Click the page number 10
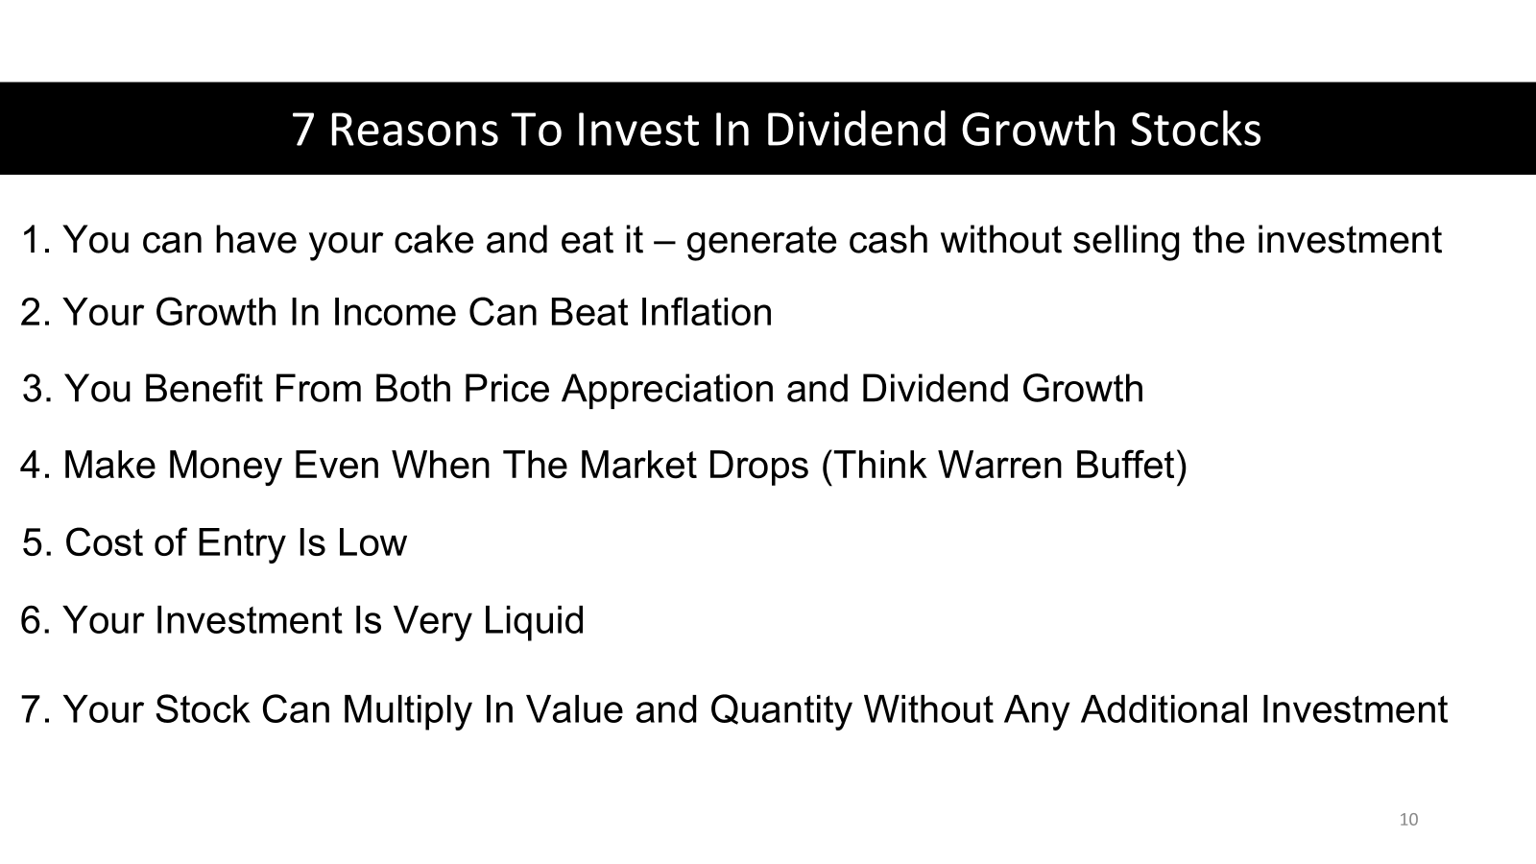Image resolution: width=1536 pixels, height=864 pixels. tap(1408, 820)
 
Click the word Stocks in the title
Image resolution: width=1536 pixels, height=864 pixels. tap(1195, 129)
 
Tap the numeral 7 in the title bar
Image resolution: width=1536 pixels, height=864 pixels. tap(302, 130)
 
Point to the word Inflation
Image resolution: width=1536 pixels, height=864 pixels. tap(706, 312)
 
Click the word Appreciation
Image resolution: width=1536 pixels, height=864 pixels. tap(668, 390)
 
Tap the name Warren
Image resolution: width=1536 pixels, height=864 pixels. tap(999, 465)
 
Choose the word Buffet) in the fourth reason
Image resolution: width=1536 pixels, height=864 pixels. tap(1131, 466)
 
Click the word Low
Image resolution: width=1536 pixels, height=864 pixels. tap(372, 542)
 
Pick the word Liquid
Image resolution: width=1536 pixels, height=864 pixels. tap(534, 620)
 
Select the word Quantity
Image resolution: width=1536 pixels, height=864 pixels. tap(780, 709)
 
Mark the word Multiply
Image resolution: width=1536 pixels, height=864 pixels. tap(407, 709)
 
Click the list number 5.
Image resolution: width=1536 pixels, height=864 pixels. tap(37, 542)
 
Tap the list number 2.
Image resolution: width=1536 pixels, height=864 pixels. tap(36, 312)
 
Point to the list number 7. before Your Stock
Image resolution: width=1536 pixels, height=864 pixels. tap(36, 709)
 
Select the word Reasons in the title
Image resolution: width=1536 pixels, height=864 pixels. tap(414, 130)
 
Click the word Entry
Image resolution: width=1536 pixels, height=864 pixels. tap(241, 543)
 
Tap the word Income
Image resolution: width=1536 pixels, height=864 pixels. tap(394, 312)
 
